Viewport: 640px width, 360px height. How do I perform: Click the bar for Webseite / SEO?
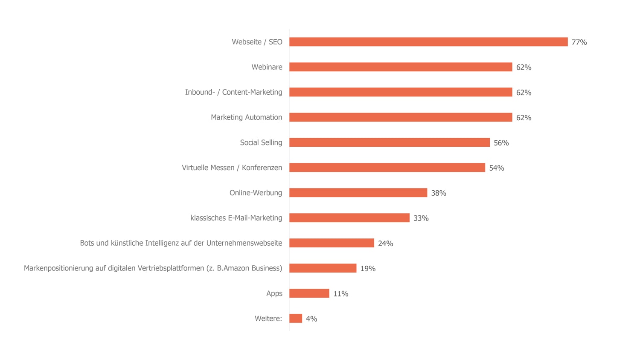click(428, 42)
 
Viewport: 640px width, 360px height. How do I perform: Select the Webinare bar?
click(401, 67)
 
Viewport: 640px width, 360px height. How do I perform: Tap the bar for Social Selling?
click(390, 142)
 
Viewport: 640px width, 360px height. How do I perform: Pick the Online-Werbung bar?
click(358, 193)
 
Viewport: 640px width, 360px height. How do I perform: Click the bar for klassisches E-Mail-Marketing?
click(349, 218)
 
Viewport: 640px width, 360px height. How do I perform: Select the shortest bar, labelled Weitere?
click(296, 319)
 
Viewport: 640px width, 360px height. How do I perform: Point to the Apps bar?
click(309, 293)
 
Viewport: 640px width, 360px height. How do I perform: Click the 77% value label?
click(579, 42)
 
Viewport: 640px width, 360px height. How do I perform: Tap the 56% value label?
click(501, 143)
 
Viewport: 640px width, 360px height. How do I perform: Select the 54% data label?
click(496, 168)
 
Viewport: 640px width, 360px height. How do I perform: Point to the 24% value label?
click(385, 244)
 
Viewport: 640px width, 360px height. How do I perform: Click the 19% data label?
click(368, 269)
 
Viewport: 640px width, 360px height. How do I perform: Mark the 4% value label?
click(311, 319)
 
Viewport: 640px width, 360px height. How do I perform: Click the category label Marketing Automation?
click(246, 117)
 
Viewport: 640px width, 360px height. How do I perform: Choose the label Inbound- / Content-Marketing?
click(233, 92)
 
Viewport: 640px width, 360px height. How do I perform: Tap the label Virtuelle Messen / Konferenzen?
click(232, 168)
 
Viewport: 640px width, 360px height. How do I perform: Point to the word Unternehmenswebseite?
click(244, 243)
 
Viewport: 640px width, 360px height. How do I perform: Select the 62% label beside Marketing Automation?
click(524, 118)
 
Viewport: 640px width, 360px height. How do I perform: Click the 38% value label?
click(438, 193)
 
